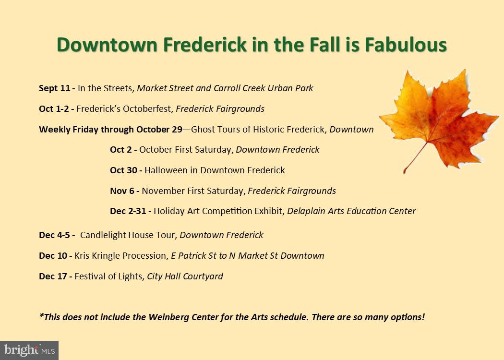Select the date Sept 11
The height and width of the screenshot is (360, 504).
(x=55, y=88)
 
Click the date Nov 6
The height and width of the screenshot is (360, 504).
(x=122, y=191)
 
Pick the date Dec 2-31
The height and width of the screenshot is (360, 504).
(x=129, y=211)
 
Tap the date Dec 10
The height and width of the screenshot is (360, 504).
(x=53, y=256)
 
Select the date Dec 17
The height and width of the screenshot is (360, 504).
(x=53, y=276)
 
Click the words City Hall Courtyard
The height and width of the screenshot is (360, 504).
(x=185, y=276)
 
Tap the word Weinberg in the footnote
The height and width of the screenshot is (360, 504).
(x=168, y=317)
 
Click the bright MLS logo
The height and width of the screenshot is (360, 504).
(x=29, y=350)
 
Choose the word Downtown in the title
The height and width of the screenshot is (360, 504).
(x=107, y=45)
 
